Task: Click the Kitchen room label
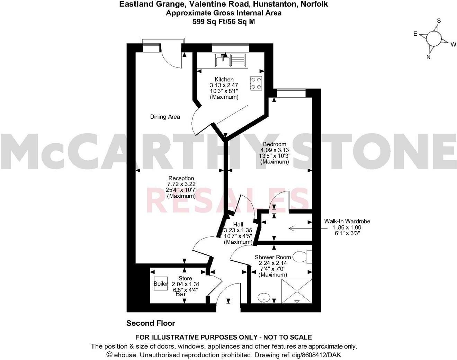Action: tap(224, 80)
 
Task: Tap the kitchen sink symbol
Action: tap(231, 60)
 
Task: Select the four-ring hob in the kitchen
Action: tap(257, 83)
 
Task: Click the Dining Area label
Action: tap(165, 117)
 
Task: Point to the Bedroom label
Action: tap(275, 144)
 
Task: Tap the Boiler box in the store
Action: tap(161, 283)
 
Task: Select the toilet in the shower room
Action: tap(302, 257)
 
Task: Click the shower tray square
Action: tap(297, 291)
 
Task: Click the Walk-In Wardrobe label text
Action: tap(347, 221)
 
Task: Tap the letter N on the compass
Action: tap(428, 57)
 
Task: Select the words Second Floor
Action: tap(151, 323)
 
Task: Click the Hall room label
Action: tap(238, 224)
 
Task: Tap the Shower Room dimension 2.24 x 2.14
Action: tap(273, 263)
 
